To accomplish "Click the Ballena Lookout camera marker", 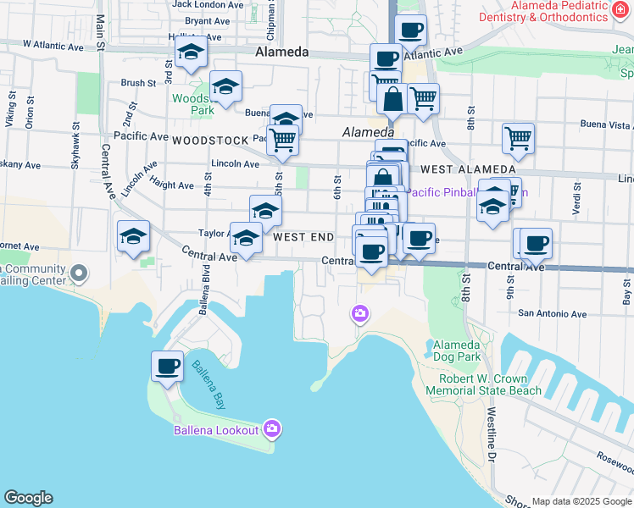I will coord(272,428).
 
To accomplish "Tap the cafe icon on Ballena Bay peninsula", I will coord(167,367).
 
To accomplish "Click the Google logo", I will coord(28,498).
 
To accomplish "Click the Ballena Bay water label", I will coord(208,384).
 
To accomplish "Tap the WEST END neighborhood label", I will coord(303,237).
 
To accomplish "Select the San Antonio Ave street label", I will coord(553,313).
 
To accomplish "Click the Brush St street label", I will coord(138,83).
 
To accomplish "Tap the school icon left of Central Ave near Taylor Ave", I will coord(133,237).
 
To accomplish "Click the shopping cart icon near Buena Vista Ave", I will coord(517,138).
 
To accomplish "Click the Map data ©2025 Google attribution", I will coord(580,501).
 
